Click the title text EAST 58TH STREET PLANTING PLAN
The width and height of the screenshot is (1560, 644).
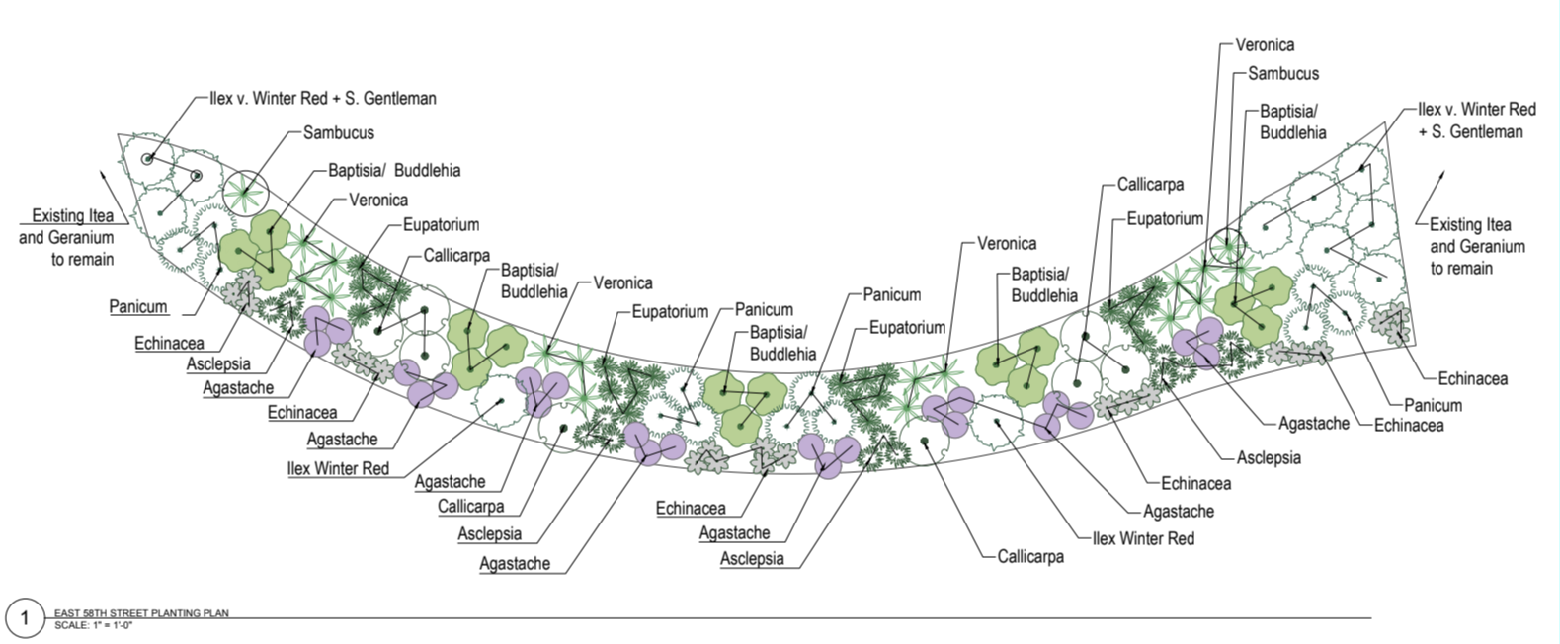[141, 613]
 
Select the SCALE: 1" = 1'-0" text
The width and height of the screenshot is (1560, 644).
[93, 624]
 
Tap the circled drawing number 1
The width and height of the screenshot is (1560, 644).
[25, 618]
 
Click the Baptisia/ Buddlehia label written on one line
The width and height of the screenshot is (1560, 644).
[394, 171]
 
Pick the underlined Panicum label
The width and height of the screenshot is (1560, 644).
[138, 306]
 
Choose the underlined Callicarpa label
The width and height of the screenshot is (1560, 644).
[471, 506]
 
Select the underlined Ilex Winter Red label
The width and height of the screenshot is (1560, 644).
[338, 468]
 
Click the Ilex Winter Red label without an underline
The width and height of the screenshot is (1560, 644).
[1143, 538]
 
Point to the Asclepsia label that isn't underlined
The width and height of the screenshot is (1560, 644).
[1269, 458]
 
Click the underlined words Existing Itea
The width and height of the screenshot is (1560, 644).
[72, 216]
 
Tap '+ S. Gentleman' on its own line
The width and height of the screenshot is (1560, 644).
[1471, 131]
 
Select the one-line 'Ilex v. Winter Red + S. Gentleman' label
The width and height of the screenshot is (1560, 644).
[323, 98]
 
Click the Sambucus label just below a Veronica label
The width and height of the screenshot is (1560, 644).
[1282, 73]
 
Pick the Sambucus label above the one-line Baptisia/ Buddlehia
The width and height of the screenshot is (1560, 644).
[339, 132]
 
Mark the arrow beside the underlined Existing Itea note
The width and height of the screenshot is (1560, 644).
[115, 197]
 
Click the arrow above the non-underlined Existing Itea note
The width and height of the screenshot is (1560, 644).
[1430, 198]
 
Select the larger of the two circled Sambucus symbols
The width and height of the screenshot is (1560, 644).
[245, 191]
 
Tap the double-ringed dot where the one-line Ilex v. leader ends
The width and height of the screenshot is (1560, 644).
[147, 159]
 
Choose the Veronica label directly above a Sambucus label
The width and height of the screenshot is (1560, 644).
[1265, 45]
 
